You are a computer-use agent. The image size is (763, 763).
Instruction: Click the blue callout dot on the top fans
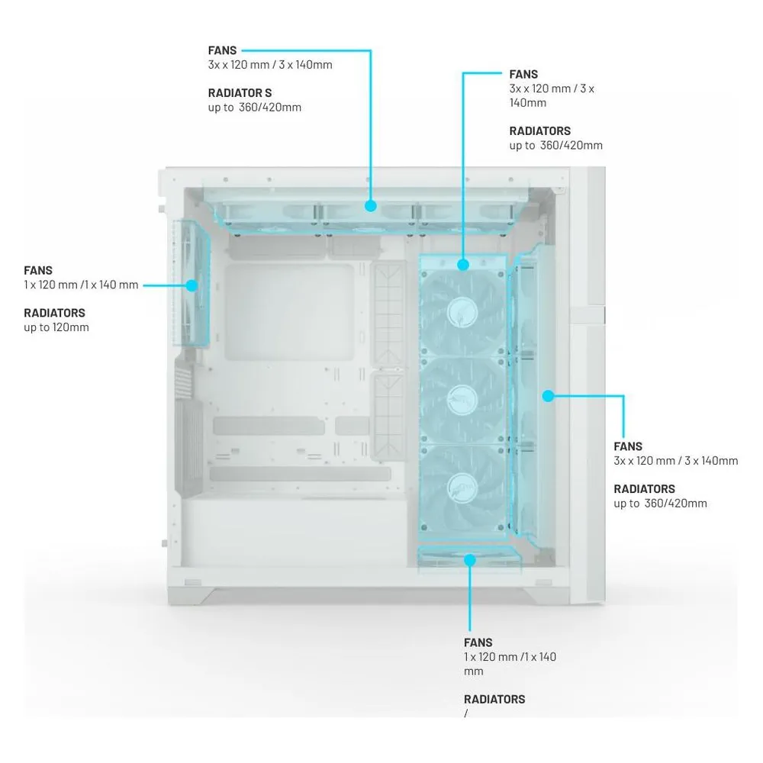[371, 206]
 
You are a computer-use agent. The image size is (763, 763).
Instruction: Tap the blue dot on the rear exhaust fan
[192, 285]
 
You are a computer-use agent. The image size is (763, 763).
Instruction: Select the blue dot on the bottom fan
[469, 560]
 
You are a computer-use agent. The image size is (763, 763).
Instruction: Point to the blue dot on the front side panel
[549, 396]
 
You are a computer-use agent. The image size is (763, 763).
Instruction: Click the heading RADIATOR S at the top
[240, 93]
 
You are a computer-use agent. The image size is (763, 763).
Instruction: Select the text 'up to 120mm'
[56, 327]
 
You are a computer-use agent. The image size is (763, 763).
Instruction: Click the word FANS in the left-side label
[38, 271]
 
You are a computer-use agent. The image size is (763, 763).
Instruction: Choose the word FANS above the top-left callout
[222, 50]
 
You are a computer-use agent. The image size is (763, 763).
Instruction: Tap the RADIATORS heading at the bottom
[494, 699]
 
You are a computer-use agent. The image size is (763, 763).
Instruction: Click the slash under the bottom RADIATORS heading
[466, 713]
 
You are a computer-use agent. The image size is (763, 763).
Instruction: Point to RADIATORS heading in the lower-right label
[644, 489]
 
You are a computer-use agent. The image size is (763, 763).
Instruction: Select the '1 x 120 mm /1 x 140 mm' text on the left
[82, 285]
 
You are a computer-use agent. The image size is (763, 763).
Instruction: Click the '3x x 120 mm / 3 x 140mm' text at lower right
[676, 461]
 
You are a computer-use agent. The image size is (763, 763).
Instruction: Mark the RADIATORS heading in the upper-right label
[540, 131]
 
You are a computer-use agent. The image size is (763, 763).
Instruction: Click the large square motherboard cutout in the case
[289, 312]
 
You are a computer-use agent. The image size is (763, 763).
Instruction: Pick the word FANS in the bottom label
[478, 642]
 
